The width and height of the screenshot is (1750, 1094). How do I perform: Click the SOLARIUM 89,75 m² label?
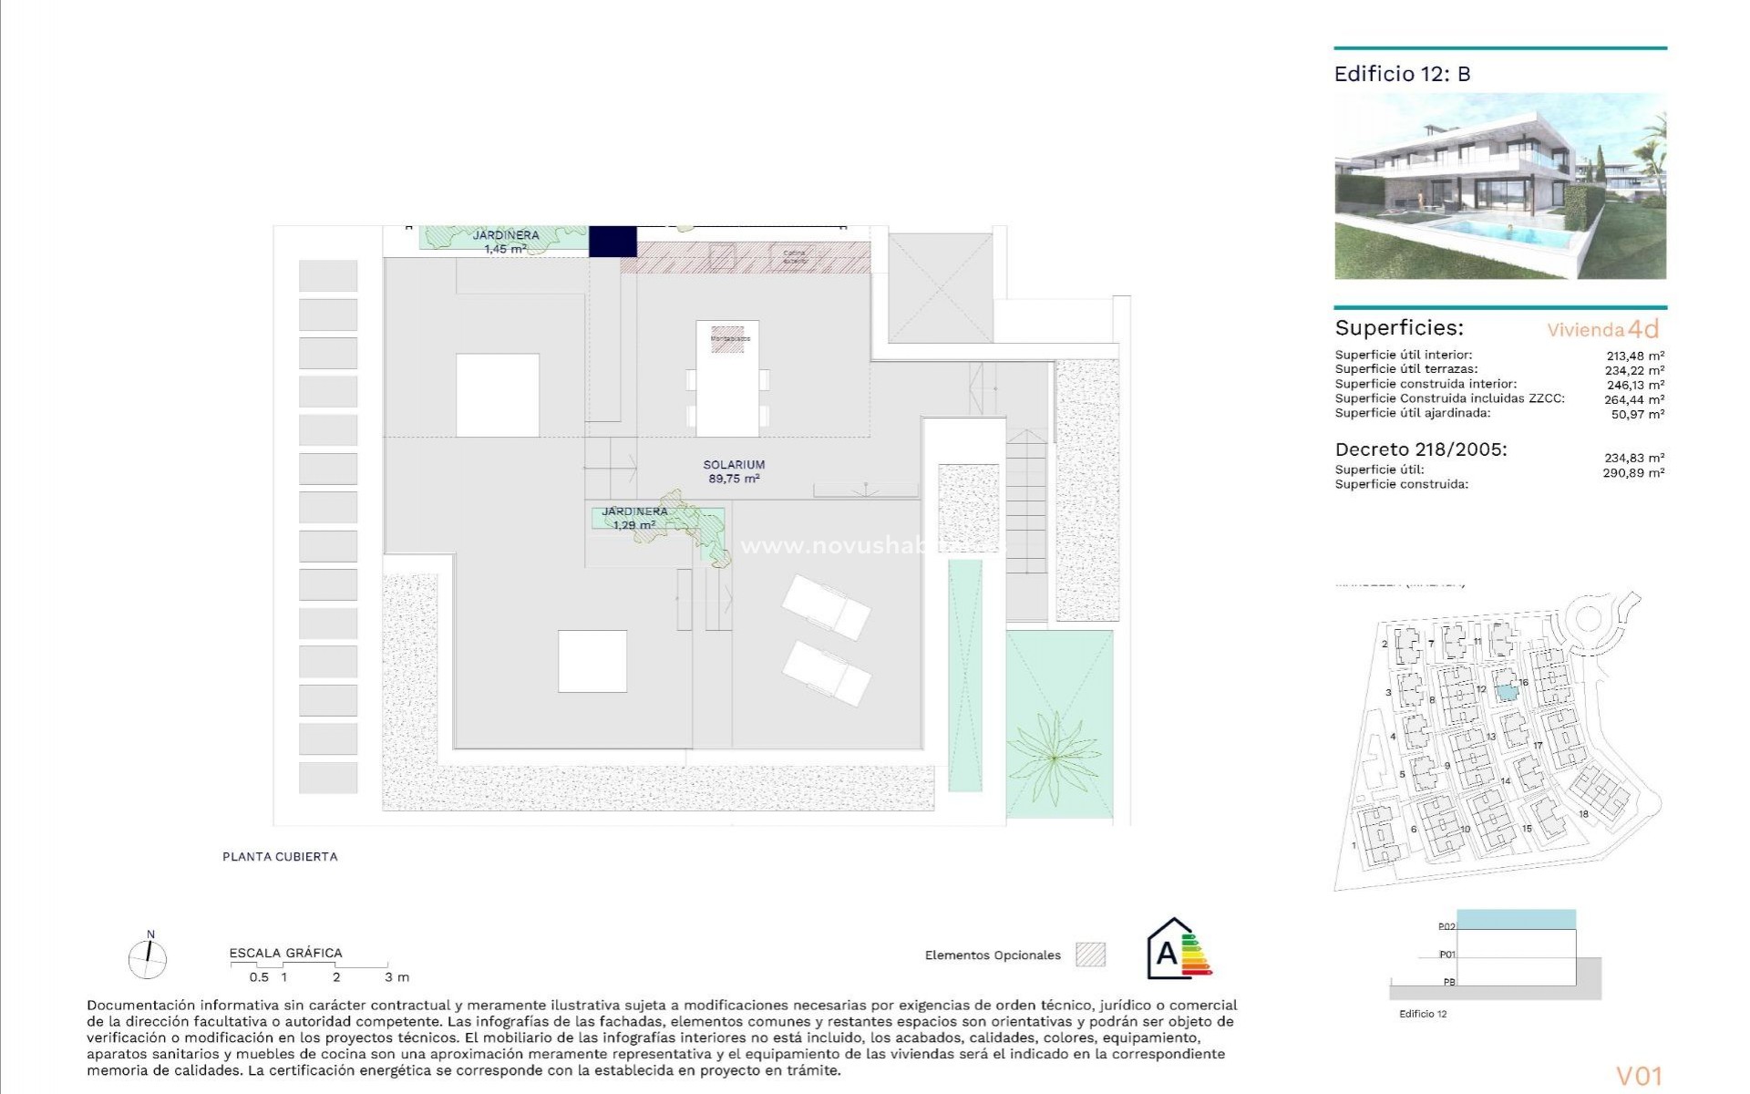tap(733, 471)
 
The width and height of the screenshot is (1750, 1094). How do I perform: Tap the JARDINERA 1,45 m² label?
tap(505, 242)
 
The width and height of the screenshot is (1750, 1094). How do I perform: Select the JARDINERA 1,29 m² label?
tap(634, 518)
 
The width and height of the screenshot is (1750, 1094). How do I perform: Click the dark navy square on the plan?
tap(612, 242)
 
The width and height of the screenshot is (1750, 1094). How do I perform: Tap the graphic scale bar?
tap(310, 965)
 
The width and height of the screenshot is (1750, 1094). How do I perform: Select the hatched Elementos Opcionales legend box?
tap(1090, 955)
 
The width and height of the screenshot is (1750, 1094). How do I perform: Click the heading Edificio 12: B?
tap(1402, 75)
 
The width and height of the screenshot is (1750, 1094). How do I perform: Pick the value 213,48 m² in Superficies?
tap(1635, 356)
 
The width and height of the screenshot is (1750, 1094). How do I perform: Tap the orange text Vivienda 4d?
tap(1602, 329)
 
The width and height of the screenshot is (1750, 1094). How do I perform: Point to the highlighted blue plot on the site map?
tap(1508, 692)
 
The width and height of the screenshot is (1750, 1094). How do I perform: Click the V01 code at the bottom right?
tap(1639, 1076)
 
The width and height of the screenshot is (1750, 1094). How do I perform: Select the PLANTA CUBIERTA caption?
tap(280, 857)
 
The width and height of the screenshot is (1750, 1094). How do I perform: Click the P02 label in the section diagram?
tap(1446, 926)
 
